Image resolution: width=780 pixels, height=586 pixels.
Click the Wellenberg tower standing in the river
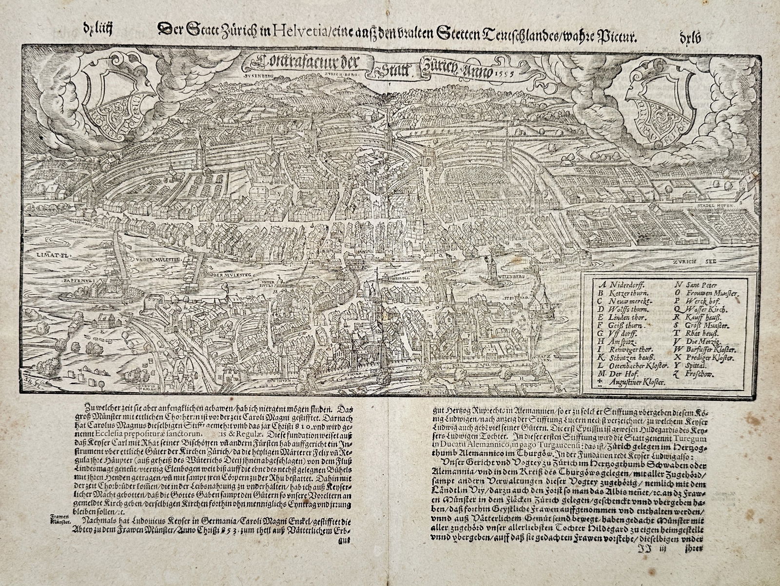tap(489, 267)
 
